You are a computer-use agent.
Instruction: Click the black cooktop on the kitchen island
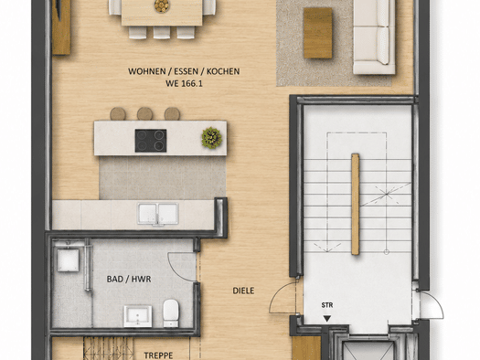(x=151, y=141)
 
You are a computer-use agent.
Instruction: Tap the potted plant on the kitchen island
(x=211, y=138)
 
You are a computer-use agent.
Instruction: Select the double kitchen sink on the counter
(x=157, y=214)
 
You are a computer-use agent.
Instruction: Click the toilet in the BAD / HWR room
(x=171, y=312)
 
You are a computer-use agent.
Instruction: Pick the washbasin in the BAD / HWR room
(x=137, y=316)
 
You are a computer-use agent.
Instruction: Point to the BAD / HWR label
(x=129, y=279)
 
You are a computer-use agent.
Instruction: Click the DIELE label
(x=243, y=291)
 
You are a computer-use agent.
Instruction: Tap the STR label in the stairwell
(x=327, y=305)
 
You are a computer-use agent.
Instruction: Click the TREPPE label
(x=158, y=355)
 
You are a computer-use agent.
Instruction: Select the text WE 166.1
(x=184, y=83)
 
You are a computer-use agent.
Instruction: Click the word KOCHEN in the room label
(x=223, y=71)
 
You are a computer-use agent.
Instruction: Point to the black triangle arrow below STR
(x=327, y=319)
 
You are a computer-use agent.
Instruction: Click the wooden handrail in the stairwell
(x=355, y=204)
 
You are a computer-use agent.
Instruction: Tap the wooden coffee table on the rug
(x=318, y=33)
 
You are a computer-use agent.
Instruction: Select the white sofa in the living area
(x=374, y=37)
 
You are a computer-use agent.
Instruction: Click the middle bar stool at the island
(x=144, y=113)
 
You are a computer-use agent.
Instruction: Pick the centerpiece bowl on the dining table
(x=162, y=5)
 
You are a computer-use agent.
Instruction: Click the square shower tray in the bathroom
(x=68, y=259)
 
